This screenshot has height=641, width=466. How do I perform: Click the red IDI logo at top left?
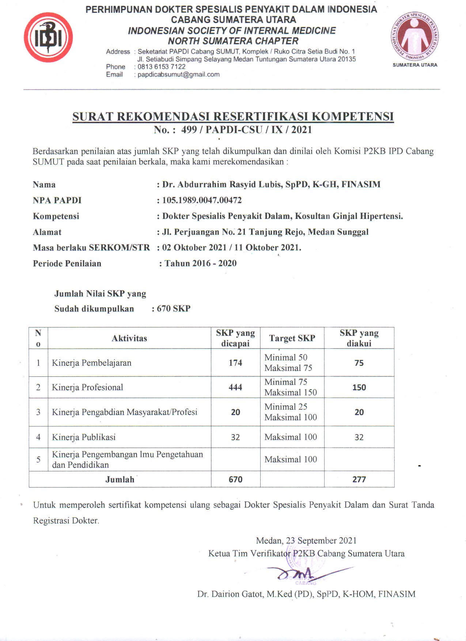48,37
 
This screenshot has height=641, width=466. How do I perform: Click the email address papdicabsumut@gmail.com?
178,75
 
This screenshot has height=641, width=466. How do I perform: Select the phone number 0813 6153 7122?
162,67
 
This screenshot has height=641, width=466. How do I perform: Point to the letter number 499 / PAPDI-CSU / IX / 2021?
246,130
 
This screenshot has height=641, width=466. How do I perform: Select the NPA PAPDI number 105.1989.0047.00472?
202,200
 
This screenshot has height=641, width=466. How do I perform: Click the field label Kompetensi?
56,216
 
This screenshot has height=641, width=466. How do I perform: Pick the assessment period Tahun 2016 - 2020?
200,263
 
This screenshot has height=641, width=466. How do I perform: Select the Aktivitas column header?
129,338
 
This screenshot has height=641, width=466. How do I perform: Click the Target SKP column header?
292,338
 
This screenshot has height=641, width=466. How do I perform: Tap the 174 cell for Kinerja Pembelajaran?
235,363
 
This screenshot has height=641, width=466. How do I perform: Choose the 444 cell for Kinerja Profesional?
235,387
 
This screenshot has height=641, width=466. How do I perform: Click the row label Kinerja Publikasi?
84,437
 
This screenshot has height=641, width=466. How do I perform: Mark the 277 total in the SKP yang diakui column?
359,479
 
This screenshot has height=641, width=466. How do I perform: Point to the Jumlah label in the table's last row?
120,479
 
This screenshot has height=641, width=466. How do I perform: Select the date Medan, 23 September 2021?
306,541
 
